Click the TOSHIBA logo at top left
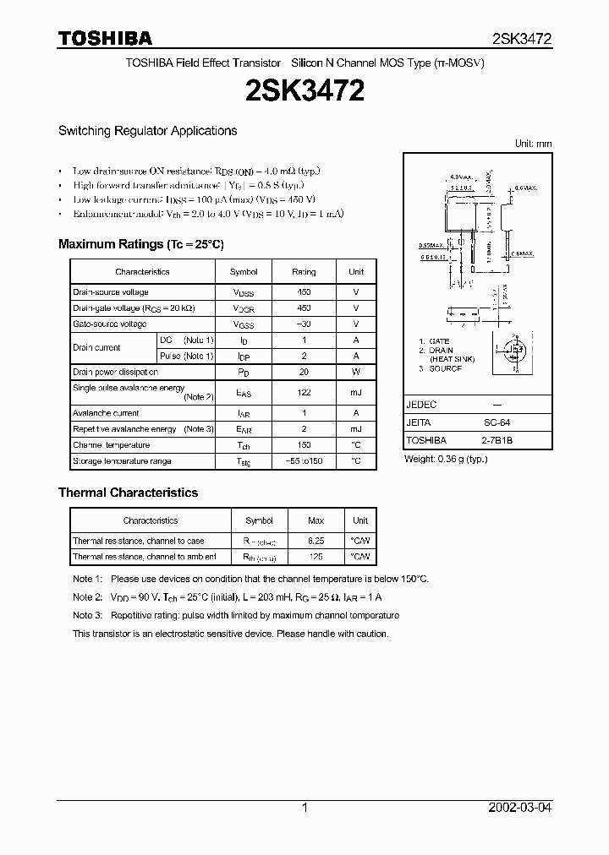tap(106, 38)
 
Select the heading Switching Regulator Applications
tap(147, 131)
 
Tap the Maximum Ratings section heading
tap(140, 244)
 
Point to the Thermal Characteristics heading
tap(128, 493)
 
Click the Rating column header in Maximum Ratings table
tap(304, 272)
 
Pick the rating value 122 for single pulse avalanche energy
tap(304, 393)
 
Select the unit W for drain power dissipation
tap(356, 372)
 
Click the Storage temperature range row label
tap(122, 461)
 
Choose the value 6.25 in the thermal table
tap(316, 541)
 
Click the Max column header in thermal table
tap(316, 520)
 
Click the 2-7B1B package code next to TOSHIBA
tap(501, 440)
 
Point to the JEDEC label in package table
tap(421, 405)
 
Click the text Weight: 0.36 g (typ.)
tap(446, 459)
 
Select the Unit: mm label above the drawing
tap(533, 144)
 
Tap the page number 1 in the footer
tap(304, 808)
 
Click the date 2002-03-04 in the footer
tap(520, 808)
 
